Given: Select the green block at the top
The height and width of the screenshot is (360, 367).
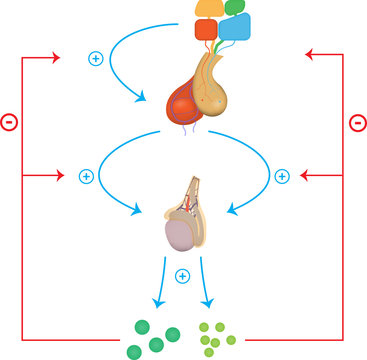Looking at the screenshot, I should point(237,7).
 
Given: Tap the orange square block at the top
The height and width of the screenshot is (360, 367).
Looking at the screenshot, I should point(205,30).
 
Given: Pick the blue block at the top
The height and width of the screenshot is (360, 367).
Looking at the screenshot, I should point(239,28).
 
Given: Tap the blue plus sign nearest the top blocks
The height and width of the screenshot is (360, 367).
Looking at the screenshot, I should point(96,58).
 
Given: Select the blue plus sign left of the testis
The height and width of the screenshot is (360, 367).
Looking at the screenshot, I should point(86,176).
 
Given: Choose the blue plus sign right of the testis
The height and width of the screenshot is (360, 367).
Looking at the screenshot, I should point(281,176).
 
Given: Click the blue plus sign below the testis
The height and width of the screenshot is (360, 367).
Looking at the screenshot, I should point(182,275).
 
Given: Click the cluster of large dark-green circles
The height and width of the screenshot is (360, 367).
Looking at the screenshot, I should point(145,336).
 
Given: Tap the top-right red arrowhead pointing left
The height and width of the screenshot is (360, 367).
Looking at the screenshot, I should point(309,56).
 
